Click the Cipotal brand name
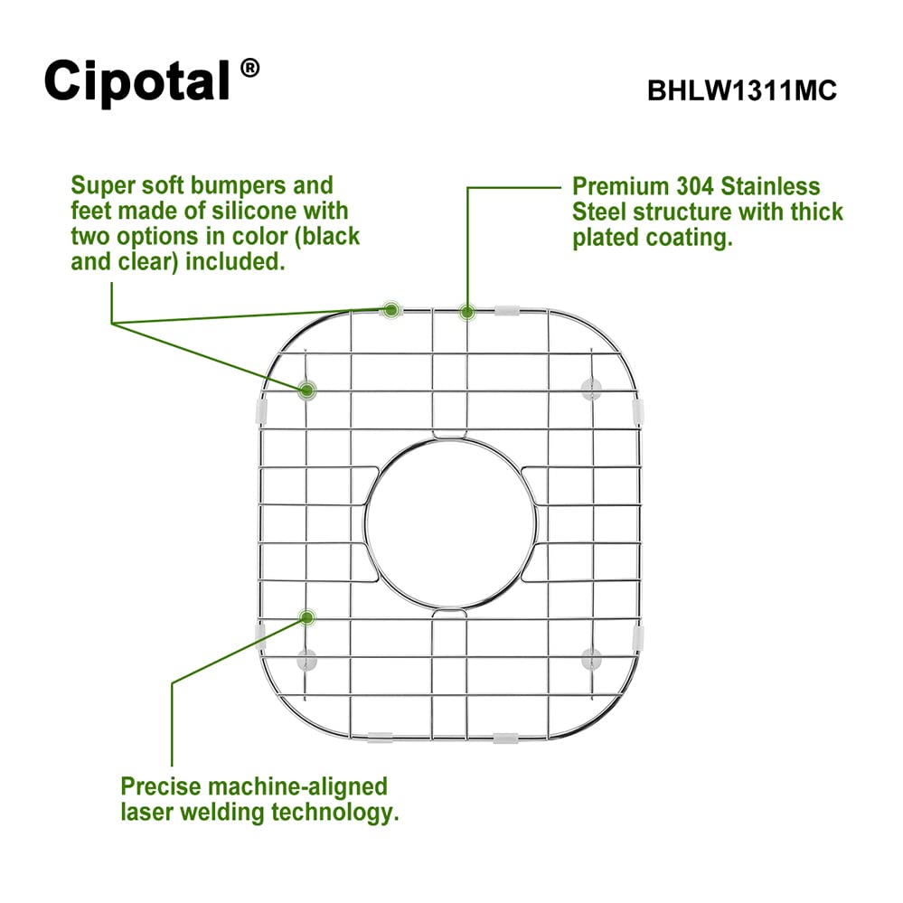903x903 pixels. click(x=137, y=81)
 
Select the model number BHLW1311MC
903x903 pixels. click(x=742, y=90)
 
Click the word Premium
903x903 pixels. click(x=620, y=186)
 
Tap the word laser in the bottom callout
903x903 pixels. click(x=146, y=812)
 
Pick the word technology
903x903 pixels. click(x=334, y=814)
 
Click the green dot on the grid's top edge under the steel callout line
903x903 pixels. click(x=467, y=313)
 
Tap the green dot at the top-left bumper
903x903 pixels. click(x=391, y=310)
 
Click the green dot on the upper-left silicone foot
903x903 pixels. click(x=307, y=390)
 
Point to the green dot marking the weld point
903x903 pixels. click(x=307, y=618)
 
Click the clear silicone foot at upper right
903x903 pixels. click(x=591, y=390)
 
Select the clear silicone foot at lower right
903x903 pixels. click(x=591, y=659)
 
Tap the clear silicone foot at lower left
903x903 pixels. click(x=307, y=660)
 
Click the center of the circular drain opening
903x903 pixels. click(x=450, y=523)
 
